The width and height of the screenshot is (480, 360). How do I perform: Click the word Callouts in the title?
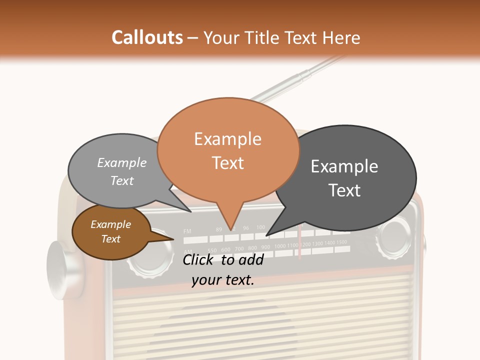coord(147,37)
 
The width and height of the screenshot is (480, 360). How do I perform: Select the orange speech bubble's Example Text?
coord(227,151)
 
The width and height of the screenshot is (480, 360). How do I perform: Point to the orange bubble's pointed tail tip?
coord(230,230)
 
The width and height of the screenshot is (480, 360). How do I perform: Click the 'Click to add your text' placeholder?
coord(223,270)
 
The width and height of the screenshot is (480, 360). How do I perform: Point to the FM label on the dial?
coord(187,231)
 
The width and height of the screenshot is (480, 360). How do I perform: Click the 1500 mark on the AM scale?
coord(341,242)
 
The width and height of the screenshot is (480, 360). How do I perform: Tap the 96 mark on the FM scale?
coord(246,228)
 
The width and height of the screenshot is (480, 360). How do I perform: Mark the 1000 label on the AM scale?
coord(279,246)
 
